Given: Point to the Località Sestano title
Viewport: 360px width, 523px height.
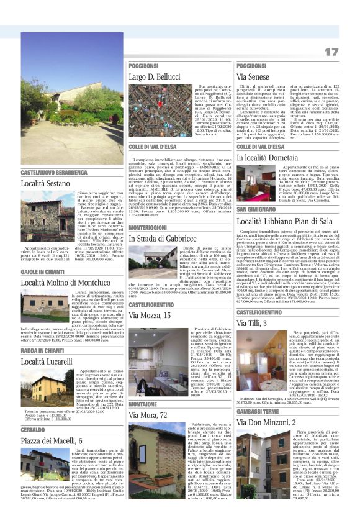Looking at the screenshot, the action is point(46,183).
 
